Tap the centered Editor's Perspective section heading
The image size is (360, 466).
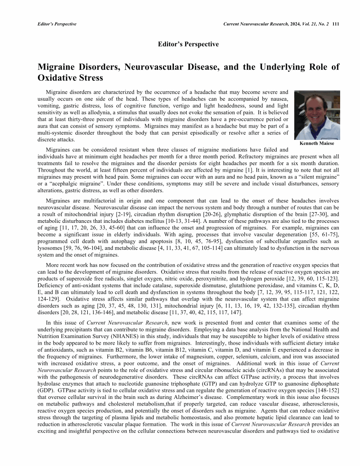[188, 44]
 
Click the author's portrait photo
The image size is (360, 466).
[317, 115]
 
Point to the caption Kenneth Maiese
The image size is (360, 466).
[317, 144]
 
